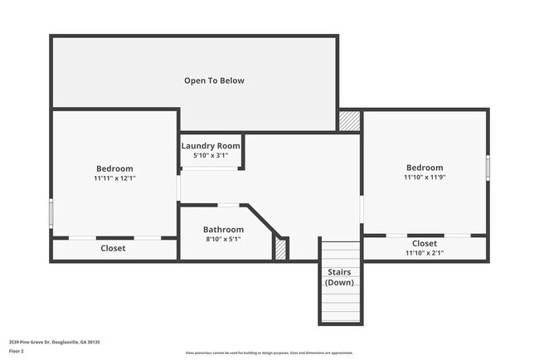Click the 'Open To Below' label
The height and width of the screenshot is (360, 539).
tap(214, 80)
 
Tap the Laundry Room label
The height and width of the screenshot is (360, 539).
tap(211, 145)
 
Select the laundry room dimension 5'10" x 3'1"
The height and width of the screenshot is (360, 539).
tap(211, 155)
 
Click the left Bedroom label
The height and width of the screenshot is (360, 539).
tap(114, 168)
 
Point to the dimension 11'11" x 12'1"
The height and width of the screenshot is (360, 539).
tap(114, 178)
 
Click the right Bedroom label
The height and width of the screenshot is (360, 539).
tap(424, 167)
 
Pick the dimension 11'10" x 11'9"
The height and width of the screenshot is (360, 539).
tap(424, 177)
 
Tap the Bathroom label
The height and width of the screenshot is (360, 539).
tap(224, 230)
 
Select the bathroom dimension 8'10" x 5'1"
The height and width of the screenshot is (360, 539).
tap(224, 240)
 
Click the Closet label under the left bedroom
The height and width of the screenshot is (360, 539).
tap(114, 248)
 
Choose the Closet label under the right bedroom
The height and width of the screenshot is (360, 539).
tap(425, 243)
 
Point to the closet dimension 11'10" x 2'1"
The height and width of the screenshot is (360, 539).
tap(425, 253)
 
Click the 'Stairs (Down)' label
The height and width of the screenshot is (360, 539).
tap(338, 277)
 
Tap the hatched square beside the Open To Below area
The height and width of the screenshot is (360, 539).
tap(350, 120)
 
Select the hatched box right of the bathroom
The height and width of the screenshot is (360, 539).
tap(280, 249)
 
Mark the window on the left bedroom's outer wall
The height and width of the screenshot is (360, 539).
tap(51, 214)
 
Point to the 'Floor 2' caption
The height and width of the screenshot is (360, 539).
tap(17, 351)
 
